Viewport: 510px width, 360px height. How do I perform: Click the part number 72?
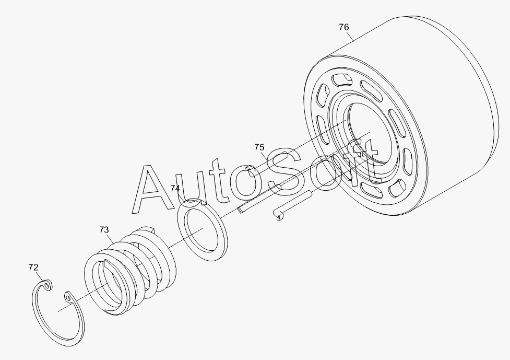(x=33, y=268)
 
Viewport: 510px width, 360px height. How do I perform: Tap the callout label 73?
(x=104, y=230)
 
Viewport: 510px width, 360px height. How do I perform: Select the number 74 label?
(x=175, y=189)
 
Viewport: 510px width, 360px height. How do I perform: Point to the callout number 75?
(x=259, y=147)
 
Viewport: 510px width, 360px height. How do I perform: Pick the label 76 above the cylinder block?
(x=344, y=27)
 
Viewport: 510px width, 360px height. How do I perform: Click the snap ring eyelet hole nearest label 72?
(x=47, y=286)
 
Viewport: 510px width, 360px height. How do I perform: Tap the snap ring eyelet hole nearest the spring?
(x=68, y=297)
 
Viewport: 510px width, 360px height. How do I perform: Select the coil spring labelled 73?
(x=130, y=270)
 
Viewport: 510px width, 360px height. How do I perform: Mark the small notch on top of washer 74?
(x=204, y=203)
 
